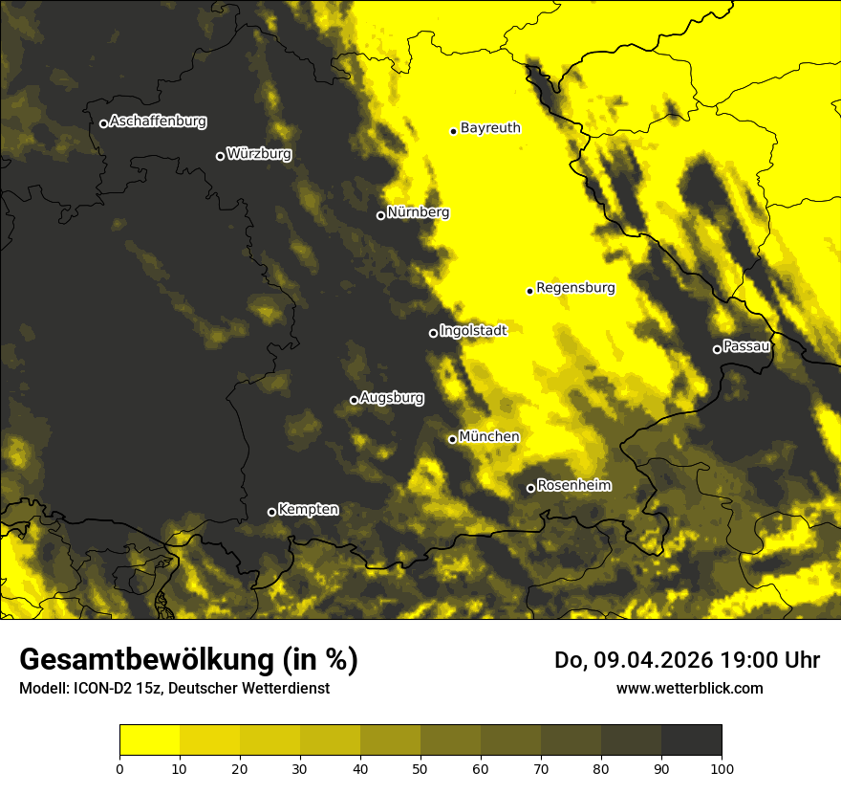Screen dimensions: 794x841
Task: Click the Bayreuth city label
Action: click(490, 127)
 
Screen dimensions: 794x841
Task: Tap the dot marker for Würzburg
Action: click(220, 156)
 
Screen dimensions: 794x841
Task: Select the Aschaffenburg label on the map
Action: click(158, 121)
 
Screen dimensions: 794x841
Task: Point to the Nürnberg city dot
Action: click(380, 215)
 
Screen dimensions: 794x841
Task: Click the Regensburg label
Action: click(575, 287)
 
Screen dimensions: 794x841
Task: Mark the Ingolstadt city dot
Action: click(433, 333)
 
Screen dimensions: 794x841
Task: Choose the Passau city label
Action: click(746, 346)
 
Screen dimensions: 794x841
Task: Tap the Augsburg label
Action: click(392, 397)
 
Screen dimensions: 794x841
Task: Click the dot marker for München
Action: click(452, 439)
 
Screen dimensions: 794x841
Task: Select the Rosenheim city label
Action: click(573, 485)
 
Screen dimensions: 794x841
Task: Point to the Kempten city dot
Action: click(271, 512)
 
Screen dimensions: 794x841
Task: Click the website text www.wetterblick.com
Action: click(689, 688)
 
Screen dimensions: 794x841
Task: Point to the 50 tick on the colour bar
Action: click(420, 767)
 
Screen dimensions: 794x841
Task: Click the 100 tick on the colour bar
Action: click(722, 767)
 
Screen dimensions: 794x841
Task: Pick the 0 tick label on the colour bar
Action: click(119, 767)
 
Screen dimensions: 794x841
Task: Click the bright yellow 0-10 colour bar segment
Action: click(149, 740)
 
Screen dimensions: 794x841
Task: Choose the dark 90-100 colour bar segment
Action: click(691, 740)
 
